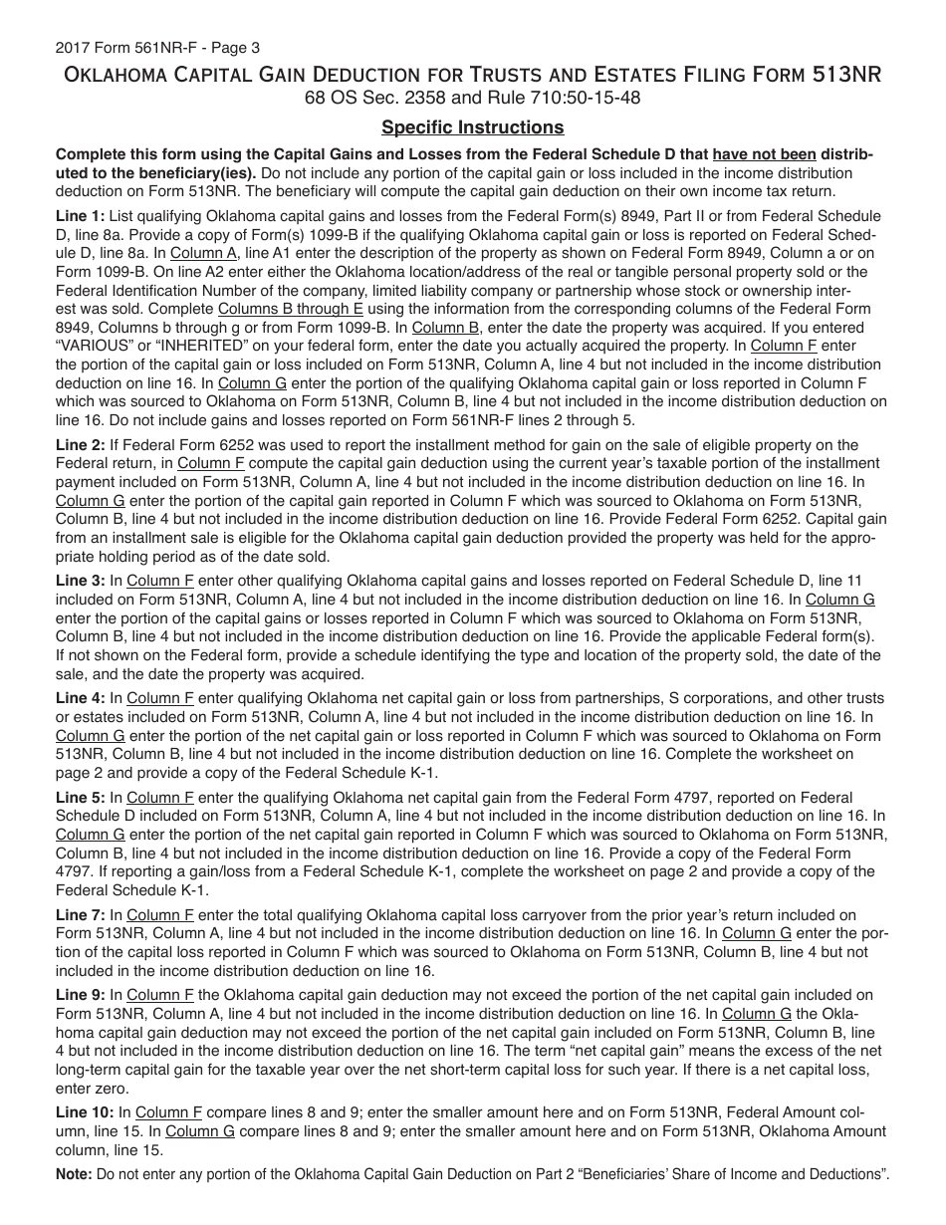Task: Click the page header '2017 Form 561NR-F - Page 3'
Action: (x=147, y=47)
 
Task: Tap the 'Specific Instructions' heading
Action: (x=472, y=127)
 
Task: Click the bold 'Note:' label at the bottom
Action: (x=74, y=1175)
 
